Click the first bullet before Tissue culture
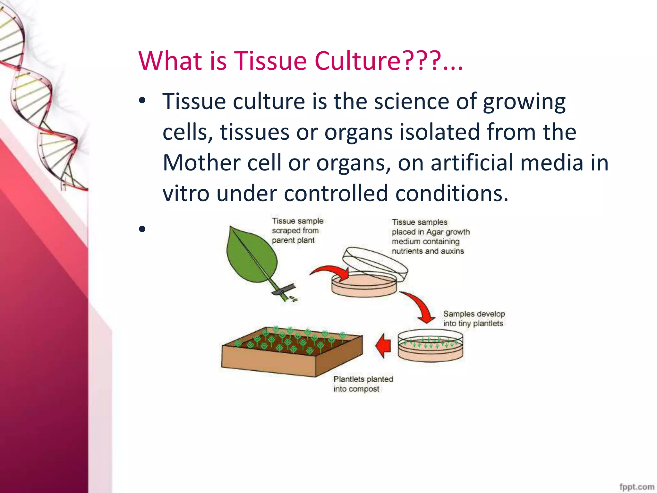(142, 101)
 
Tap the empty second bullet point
(142, 229)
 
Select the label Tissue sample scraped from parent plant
(297, 230)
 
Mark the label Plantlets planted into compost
(363, 384)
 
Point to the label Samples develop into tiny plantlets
(474, 318)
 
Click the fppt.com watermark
(636, 487)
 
